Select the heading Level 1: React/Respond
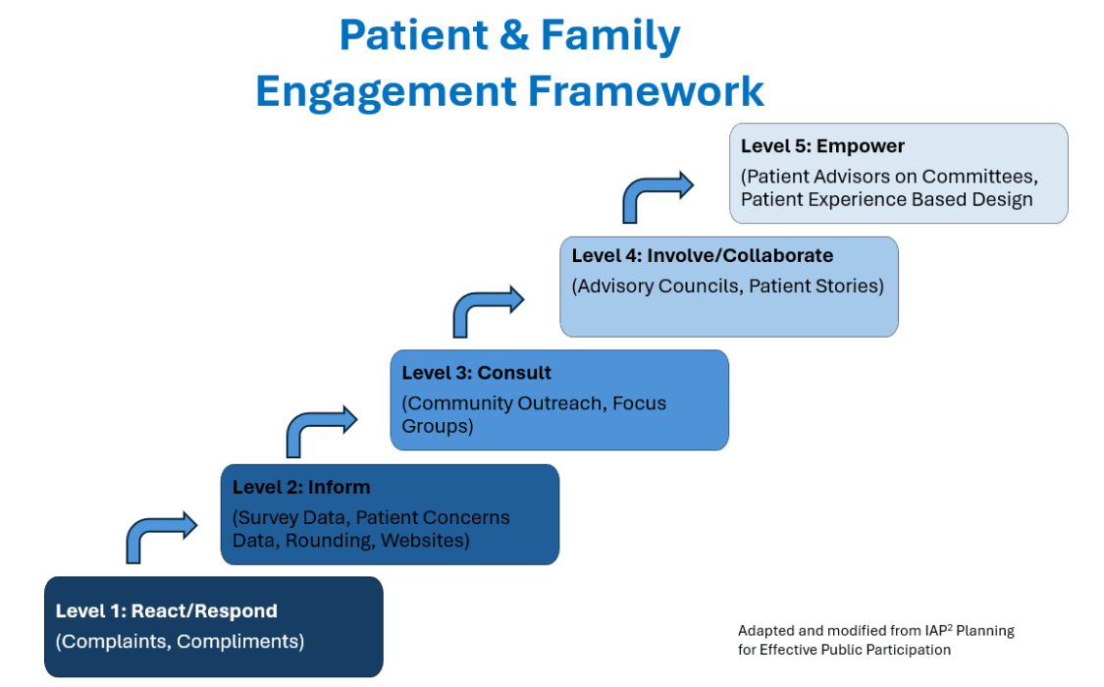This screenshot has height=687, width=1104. click(166, 610)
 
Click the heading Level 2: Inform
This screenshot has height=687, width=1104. click(301, 487)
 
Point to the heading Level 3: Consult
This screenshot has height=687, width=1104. click(476, 373)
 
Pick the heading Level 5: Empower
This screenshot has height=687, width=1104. click(821, 145)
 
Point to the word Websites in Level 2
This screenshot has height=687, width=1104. click(423, 541)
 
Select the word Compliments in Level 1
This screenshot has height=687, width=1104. click(238, 642)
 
